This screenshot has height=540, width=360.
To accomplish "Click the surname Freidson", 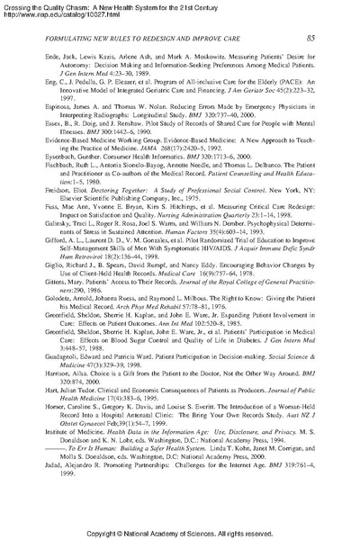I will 34,218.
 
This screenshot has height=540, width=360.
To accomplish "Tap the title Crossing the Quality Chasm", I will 45,5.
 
